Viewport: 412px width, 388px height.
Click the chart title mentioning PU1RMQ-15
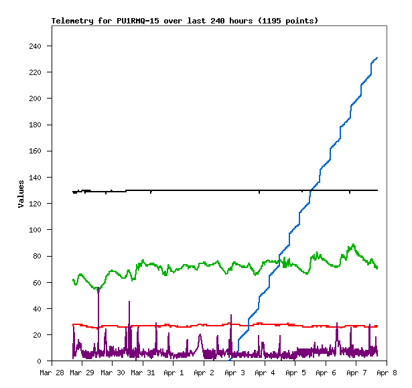(x=185, y=21)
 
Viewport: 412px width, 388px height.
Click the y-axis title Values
(x=21, y=194)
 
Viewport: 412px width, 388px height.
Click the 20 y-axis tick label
(x=37, y=335)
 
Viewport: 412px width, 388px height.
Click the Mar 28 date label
(x=52, y=372)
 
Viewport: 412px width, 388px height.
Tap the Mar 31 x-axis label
(x=142, y=372)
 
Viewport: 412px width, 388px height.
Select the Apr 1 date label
(x=174, y=372)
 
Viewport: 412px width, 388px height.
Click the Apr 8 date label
(x=386, y=372)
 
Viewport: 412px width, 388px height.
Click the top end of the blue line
(x=377, y=58)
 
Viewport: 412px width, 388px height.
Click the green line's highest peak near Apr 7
(x=353, y=245)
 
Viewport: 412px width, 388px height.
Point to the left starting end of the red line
(x=73, y=324)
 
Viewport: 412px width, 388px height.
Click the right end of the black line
(x=377, y=190)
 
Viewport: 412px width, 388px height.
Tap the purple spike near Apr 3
(x=231, y=315)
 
